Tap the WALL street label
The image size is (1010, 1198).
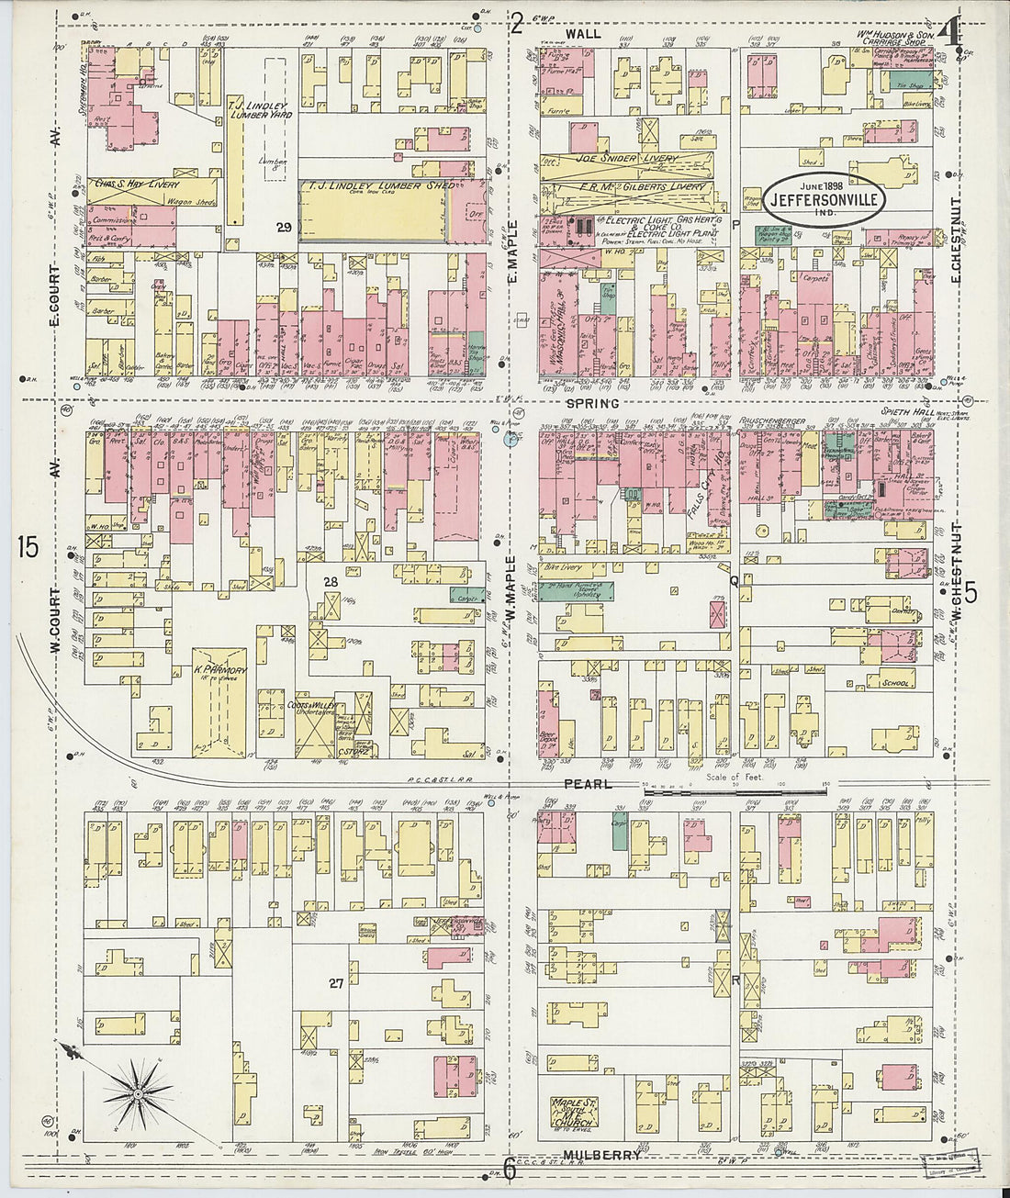pos(583,33)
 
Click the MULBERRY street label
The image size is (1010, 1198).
pos(601,1155)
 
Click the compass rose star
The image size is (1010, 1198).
pos(137,1092)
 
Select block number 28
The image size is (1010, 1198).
pos(331,582)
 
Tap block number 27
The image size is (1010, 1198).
pos(336,983)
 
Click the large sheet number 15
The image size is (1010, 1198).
pos(28,547)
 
